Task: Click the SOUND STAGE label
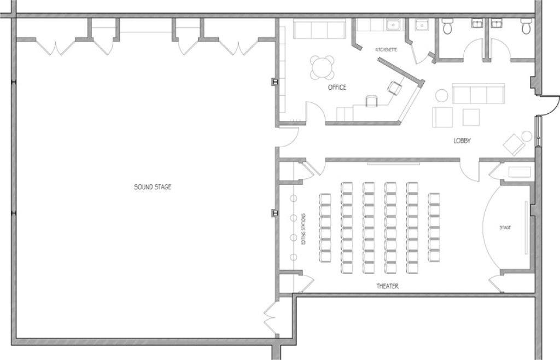point(153,187)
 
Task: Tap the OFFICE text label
point(337,87)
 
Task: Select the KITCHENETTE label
point(386,50)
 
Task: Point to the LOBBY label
point(462,141)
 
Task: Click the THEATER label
point(388,286)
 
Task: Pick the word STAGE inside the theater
point(505,228)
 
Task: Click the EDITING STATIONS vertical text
point(304,229)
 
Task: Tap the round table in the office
point(322,67)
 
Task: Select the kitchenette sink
point(394,25)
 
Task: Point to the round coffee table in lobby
point(442,95)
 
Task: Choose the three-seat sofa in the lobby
point(479,94)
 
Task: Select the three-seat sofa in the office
point(319,28)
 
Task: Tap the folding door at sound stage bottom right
point(270,319)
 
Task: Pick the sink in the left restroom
point(477,23)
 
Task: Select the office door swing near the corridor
point(316,112)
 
